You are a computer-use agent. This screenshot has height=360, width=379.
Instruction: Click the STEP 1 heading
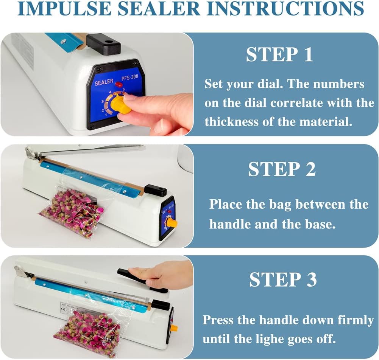click(279, 54)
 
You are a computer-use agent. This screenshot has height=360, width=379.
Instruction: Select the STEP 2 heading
click(282, 169)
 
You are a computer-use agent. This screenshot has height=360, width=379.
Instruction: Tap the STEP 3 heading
click(283, 279)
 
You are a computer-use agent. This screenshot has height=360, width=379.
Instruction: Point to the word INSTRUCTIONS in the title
click(285, 9)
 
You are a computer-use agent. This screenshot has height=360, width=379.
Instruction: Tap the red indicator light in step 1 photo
click(119, 84)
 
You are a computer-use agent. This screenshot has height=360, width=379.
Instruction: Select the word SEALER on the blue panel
click(104, 82)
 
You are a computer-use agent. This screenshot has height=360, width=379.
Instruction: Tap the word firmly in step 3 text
click(356, 321)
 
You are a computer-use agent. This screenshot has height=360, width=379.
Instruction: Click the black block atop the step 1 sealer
click(103, 44)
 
